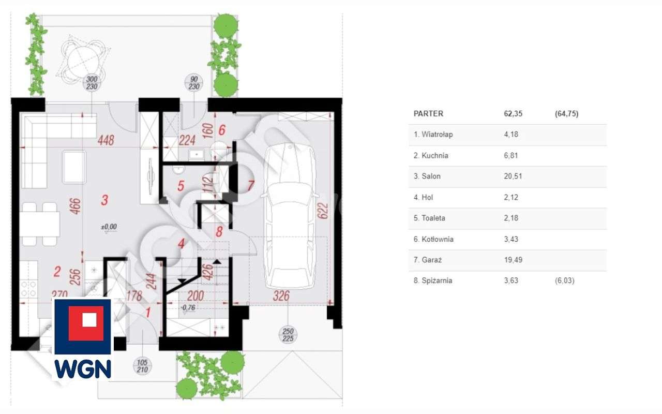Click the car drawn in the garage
[x=290, y=217]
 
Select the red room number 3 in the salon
[x=104, y=200]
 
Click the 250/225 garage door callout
[x=289, y=335]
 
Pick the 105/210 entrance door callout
[x=142, y=366]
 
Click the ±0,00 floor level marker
[x=109, y=227]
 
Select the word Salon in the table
[x=431, y=176]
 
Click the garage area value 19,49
[x=513, y=260]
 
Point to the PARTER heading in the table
[x=428, y=114]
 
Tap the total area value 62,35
[x=513, y=114]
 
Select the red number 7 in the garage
[x=251, y=185]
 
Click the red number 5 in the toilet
[x=180, y=186]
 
